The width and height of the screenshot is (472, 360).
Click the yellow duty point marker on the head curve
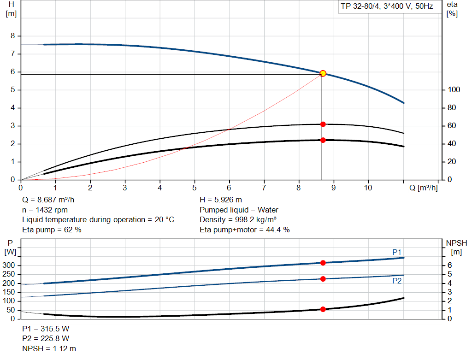(323, 73)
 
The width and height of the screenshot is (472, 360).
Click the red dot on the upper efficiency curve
(323, 124)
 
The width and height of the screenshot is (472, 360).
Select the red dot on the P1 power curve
(323, 263)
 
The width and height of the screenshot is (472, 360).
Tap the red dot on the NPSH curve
(323, 309)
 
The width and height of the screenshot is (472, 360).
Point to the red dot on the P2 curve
(323, 279)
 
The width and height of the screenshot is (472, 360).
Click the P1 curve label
(397, 252)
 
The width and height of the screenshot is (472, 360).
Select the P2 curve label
(397, 281)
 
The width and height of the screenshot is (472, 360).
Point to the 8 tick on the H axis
(13, 36)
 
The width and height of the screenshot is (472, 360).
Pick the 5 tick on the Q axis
(195, 188)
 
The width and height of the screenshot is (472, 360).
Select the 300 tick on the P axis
(10, 266)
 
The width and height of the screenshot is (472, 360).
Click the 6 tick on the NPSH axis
(449, 266)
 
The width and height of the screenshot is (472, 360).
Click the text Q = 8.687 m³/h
(48, 200)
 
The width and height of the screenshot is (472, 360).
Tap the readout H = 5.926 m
(221, 200)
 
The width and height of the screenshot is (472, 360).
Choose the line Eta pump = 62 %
(52, 230)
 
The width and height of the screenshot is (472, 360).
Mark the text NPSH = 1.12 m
(49, 348)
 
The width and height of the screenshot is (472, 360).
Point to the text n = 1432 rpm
(45, 210)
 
